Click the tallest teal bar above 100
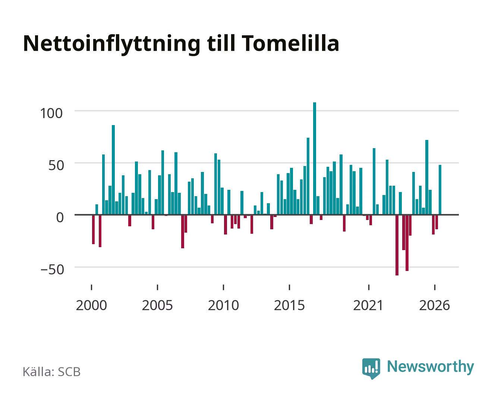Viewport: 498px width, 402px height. click(x=315, y=158)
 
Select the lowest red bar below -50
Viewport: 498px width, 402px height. click(x=397, y=245)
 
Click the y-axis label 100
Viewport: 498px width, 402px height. click(x=51, y=114)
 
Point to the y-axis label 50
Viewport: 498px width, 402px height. click(x=56, y=166)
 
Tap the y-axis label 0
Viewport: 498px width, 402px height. click(x=60, y=218)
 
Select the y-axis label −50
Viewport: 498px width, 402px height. click(x=52, y=269)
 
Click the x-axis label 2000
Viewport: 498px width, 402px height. click(x=91, y=305)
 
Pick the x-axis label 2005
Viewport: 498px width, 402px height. click(x=157, y=305)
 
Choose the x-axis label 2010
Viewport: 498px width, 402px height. click(x=224, y=305)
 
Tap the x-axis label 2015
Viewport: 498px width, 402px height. click(x=290, y=305)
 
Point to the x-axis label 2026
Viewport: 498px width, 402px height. click(x=435, y=305)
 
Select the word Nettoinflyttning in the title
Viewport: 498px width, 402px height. click(x=111, y=45)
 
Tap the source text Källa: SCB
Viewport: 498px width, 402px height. click(x=52, y=371)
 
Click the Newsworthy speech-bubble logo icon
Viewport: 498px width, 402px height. click(x=371, y=368)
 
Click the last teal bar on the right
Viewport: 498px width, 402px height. click(x=440, y=189)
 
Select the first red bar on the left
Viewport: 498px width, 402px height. click(x=93, y=230)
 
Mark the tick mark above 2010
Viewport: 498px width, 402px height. click(x=224, y=287)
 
